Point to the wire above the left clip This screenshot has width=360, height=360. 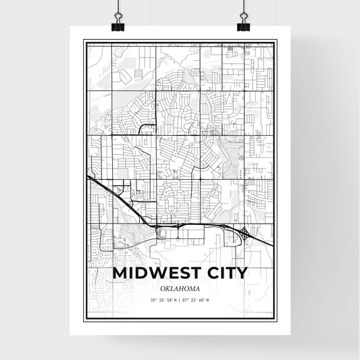[118, 7]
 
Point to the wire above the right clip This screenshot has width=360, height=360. [242, 7]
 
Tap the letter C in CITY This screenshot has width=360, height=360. [212, 273]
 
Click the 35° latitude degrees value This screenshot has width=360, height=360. [155, 300]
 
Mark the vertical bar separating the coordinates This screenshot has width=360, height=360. [180, 300]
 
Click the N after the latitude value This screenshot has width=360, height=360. [176, 300]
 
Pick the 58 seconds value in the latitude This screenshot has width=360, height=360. [170, 300]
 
